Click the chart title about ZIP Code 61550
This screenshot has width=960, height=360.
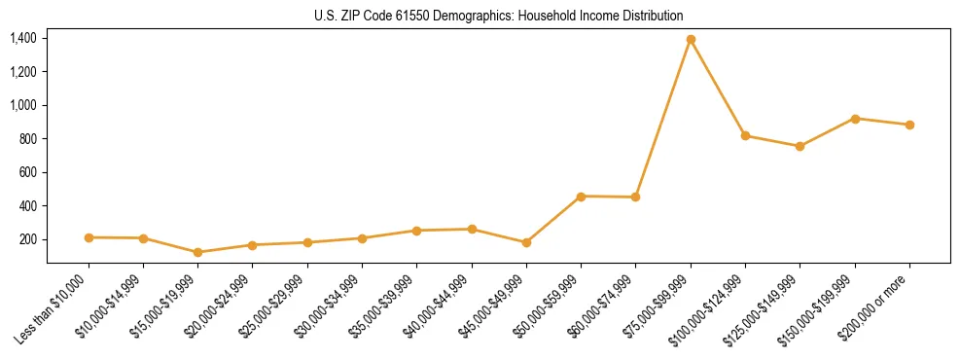tap(499, 16)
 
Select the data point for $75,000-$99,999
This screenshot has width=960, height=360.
tap(691, 40)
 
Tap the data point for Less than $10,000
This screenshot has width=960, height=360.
tap(89, 237)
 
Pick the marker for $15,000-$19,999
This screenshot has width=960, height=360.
tap(198, 252)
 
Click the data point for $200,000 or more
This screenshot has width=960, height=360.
tap(909, 125)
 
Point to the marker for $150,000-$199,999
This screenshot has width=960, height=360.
tap(855, 119)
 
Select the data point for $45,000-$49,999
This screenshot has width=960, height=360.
tap(526, 242)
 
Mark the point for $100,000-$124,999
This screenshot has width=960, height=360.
tap(745, 135)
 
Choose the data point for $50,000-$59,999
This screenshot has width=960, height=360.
tap(581, 197)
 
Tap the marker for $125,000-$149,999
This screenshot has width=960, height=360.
tap(800, 146)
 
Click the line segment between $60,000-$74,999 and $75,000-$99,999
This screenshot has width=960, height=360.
tap(663, 119)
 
